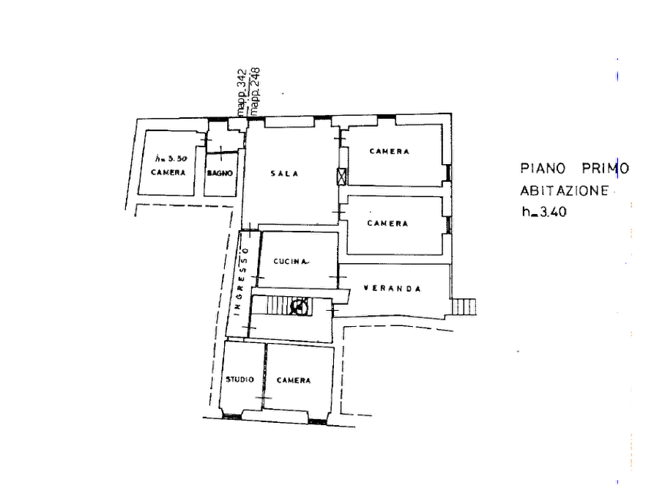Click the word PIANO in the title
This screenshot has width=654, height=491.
(542, 168)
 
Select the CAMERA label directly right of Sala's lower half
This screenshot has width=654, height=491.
(388, 224)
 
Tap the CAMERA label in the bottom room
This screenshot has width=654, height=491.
(295, 381)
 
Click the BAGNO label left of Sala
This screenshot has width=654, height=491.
(221, 171)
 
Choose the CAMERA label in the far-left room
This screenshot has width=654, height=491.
(169, 171)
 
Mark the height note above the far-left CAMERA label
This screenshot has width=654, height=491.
(169, 158)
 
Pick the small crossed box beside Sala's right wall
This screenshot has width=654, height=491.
(341, 175)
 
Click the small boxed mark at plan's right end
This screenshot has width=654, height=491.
(464, 308)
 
